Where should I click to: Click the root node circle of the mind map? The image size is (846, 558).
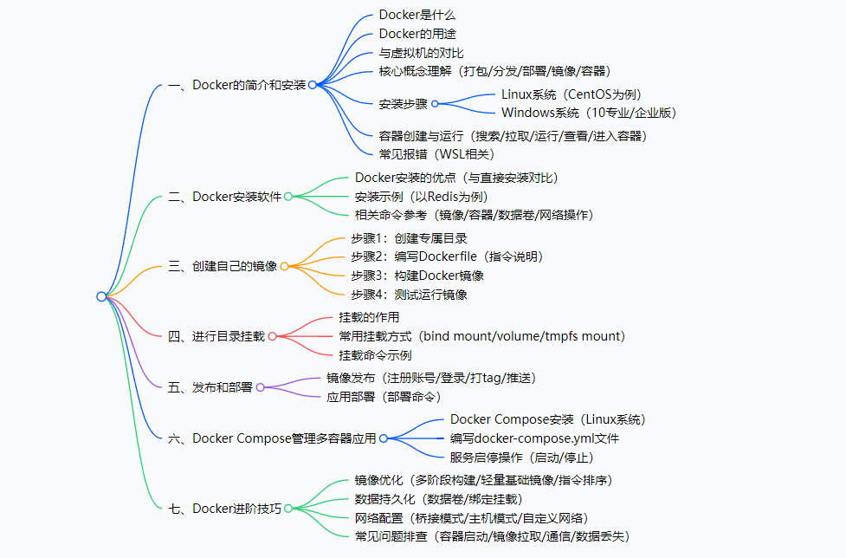pos(101,296)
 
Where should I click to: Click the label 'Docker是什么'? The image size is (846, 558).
pos(417,15)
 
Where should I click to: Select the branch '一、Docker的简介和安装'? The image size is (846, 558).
pos(236,85)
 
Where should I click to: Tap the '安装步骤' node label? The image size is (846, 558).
pos(404,104)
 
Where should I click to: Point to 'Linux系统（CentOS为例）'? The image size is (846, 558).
pos(572,94)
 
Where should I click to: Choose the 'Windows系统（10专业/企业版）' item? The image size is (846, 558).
pos(589,113)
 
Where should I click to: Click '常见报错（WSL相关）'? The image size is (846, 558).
pos(436,153)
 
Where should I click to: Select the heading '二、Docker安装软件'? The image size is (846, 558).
pos(224,197)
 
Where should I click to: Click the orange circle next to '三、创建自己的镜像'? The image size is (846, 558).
pos(284,266)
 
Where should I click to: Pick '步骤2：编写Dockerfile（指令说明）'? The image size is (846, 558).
pos(447,256)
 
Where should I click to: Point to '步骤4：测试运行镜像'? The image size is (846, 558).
pos(409,295)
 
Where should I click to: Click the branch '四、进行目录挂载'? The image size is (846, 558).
pos(216,336)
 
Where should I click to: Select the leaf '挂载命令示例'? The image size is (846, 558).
pos(375,355)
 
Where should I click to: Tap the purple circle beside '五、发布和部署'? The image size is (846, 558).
pos(260,387)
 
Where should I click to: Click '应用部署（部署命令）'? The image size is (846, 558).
pos(384,397)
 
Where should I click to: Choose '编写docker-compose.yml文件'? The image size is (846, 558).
pos(534,438)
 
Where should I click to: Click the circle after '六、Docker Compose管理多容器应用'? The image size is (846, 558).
pos(384,438)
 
